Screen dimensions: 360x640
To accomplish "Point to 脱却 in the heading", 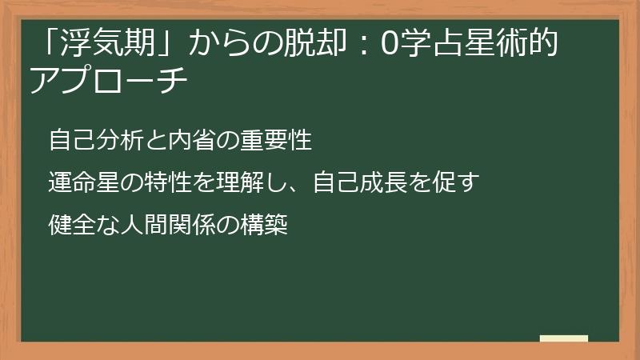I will (x=306, y=46).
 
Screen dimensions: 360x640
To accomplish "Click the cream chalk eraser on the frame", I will (x=563, y=338).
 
